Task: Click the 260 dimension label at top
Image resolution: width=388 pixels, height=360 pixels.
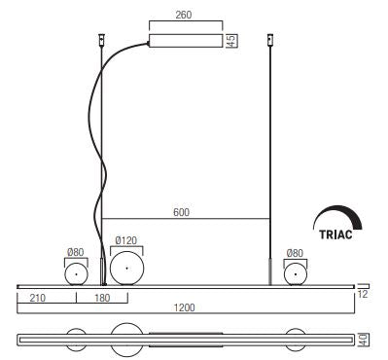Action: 184,15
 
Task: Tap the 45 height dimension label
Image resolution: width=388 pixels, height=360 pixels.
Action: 231,41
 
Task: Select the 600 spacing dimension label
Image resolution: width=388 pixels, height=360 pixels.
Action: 181,212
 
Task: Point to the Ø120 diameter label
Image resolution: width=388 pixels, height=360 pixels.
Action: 126,240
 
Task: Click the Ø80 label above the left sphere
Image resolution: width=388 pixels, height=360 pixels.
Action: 76,252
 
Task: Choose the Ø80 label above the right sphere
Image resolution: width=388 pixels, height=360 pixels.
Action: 295,253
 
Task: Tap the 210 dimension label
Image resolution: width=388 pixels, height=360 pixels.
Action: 38,298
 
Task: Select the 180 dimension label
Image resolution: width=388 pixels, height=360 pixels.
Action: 102,298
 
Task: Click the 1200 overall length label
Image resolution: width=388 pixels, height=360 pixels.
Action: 185,307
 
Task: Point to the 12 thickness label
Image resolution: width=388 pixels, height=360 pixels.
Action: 363,294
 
